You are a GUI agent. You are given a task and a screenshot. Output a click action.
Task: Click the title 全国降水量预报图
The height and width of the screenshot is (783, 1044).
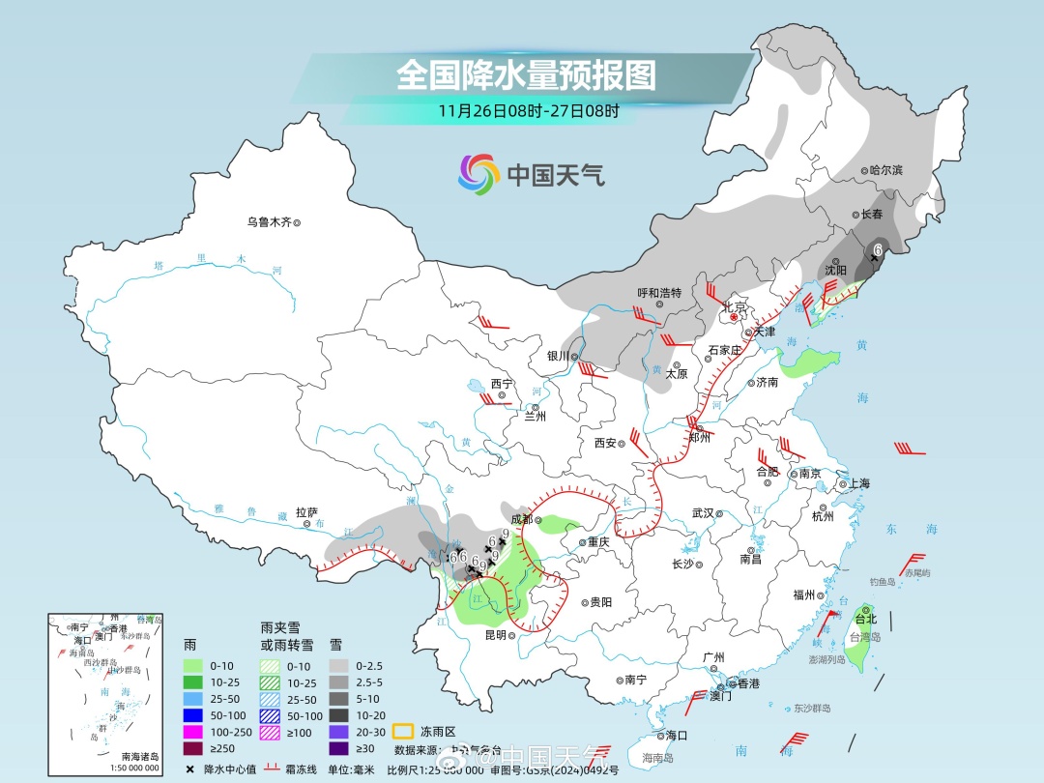pos(526,74)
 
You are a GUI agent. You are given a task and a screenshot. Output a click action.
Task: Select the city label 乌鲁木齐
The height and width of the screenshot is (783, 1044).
pos(269,222)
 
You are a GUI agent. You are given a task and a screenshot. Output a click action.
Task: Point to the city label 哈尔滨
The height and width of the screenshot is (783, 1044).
pos(884,170)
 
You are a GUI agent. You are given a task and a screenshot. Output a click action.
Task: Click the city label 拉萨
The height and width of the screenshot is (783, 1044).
pos(306,512)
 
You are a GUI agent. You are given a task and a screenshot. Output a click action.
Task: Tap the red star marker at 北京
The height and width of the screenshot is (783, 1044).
pos(734,317)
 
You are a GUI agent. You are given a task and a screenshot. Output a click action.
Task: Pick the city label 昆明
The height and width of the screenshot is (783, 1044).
pos(495,635)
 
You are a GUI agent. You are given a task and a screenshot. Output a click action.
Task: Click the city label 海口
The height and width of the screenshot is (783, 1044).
pos(676,736)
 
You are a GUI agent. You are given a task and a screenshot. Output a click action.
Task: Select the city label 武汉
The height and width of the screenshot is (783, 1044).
pos(703,513)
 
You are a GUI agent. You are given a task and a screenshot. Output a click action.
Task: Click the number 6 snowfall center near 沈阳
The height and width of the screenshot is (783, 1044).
pos(877,250)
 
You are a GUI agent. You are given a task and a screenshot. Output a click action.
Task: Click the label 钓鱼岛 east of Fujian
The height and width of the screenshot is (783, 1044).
pos(884,582)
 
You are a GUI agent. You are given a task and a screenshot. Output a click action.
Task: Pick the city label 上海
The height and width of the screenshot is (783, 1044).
pos(858,483)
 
